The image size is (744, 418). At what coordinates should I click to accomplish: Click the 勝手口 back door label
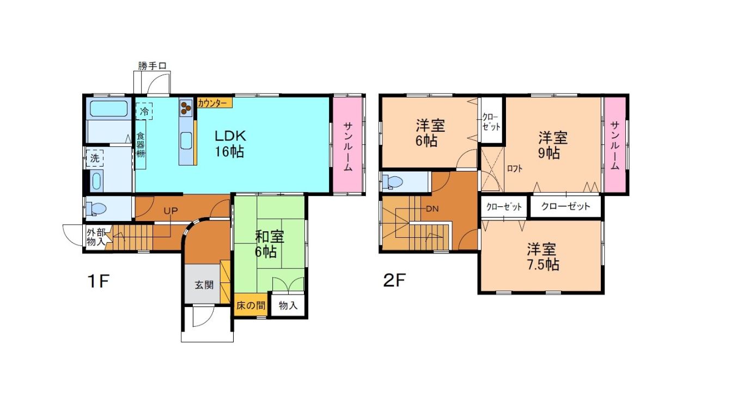pyautogui.click(x=152, y=66)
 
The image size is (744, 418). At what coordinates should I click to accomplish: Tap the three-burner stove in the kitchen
pyautogui.click(x=186, y=108)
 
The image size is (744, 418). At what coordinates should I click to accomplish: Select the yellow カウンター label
pyautogui.click(x=214, y=103)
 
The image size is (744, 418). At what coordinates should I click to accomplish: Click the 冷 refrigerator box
pyautogui.click(x=144, y=111)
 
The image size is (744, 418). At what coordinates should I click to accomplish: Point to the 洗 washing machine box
pyautogui.click(x=95, y=158)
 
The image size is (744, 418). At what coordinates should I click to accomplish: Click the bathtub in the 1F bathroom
pyautogui.click(x=108, y=108)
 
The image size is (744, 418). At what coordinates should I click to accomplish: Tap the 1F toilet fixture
pyautogui.click(x=96, y=208)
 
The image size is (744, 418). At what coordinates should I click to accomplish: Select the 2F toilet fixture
pyautogui.click(x=392, y=182)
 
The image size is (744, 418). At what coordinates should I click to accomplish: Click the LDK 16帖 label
pyautogui.click(x=230, y=144)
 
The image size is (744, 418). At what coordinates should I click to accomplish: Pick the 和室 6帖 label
pyautogui.click(x=269, y=244)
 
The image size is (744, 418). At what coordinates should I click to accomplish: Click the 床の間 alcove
pyautogui.click(x=251, y=305)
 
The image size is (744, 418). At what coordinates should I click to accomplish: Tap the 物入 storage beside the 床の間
pyautogui.click(x=288, y=305)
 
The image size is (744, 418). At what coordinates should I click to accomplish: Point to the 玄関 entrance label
pyautogui.click(x=204, y=285)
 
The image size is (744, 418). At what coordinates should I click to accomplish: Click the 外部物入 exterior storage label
pyautogui.click(x=96, y=237)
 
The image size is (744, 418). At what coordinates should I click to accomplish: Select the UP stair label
pyautogui.click(x=170, y=210)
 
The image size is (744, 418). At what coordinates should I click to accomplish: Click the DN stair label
pyautogui.click(x=432, y=209)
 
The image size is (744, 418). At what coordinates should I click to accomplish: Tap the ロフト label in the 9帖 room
pyautogui.click(x=515, y=169)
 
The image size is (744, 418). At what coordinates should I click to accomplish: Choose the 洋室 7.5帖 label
pyautogui.click(x=542, y=257)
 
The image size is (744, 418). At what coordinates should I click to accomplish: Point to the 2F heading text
pyautogui.click(x=394, y=280)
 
